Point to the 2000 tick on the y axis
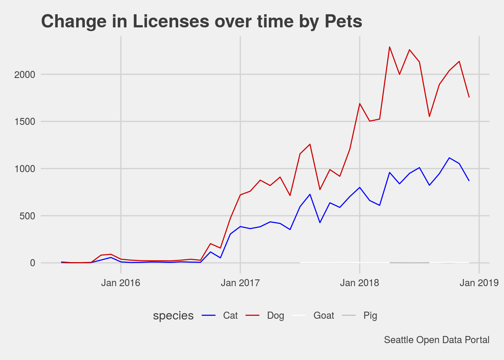[x=25, y=75]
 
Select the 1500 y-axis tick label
[x=25, y=122]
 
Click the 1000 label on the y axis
[x=25, y=169]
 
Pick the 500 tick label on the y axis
[x=28, y=216]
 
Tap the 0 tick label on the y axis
[x=33, y=263]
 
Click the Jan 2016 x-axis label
[x=121, y=283]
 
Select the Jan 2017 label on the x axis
[x=240, y=283]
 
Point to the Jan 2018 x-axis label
[x=360, y=283]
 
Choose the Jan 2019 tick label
[x=479, y=283]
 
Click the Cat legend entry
[x=230, y=316]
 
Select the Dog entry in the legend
[x=275, y=316]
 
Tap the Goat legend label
[x=324, y=316]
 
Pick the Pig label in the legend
[x=370, y=316]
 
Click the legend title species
[x=173, y=316]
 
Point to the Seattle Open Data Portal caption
[x=437, y=340]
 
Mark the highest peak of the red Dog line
[x=390, y=47]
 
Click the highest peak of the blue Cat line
[x=449, y=158]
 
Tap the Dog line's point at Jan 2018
[x=360, y=103]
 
